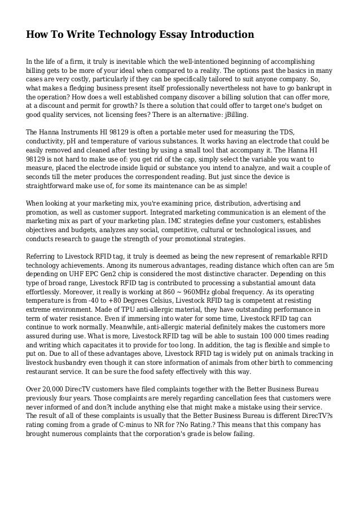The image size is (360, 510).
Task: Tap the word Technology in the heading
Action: pos(115,35)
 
